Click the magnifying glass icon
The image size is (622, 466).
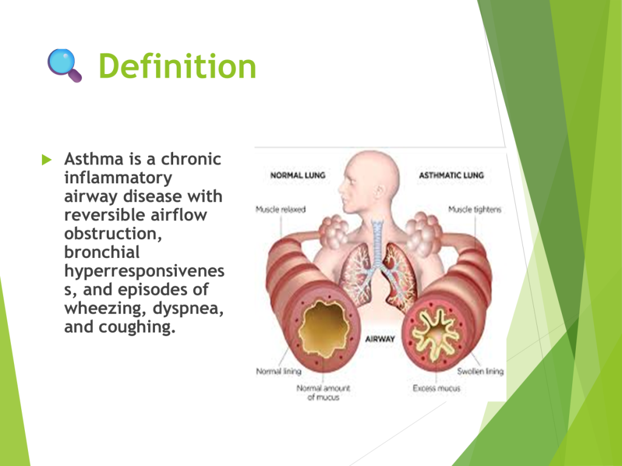(64, 66)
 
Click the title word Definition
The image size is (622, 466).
(177, 66)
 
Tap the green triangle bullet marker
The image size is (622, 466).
(47, 160)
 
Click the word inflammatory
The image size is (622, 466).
(118, 178)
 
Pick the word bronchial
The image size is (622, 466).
(102, 252)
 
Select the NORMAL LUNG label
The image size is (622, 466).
(298, 175)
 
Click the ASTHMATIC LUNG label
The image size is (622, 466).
(451, 175)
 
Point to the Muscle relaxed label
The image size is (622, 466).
(281, 209)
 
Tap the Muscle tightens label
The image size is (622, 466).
(475, 209)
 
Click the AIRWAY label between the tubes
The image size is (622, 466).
(380, 339)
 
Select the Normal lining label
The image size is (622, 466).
(278, 371)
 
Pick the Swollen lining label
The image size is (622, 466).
(480, 371)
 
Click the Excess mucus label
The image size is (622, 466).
(436, 388)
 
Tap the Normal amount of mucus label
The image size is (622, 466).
(323, 393)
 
